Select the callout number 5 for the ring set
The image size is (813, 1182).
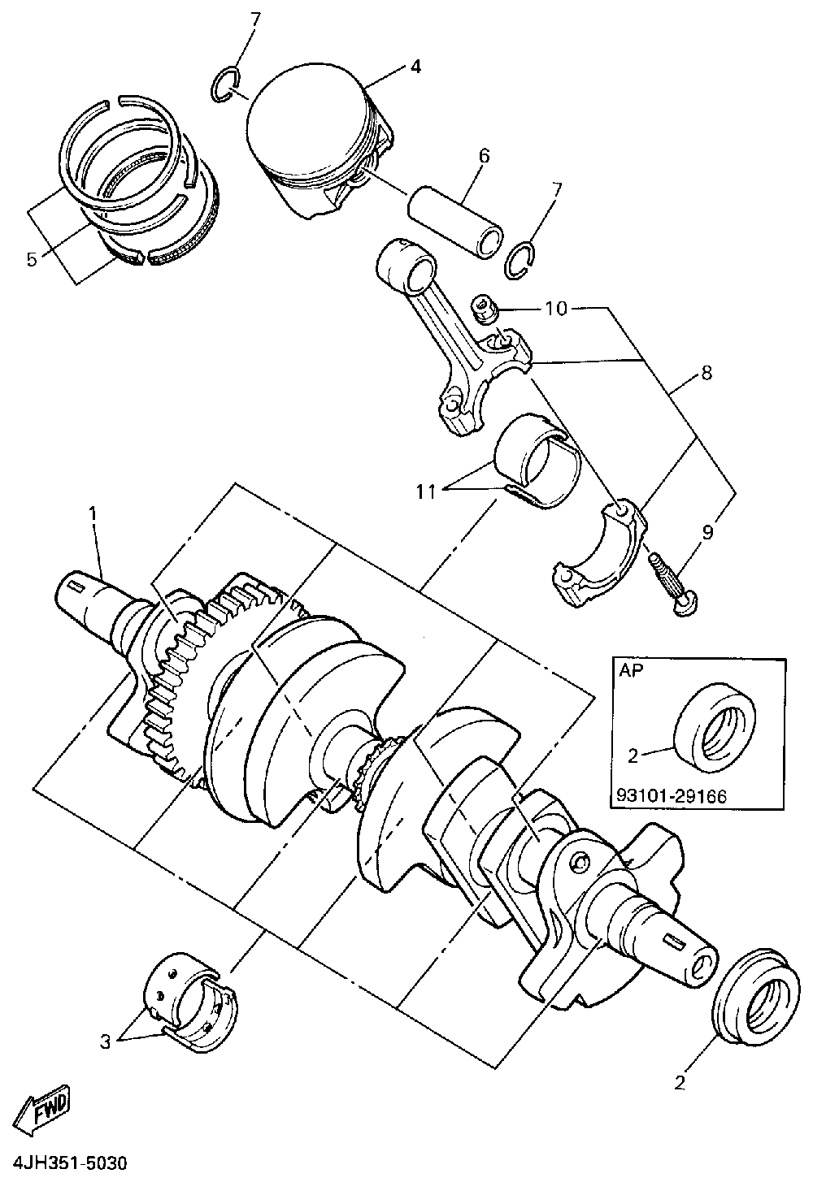(31, 259)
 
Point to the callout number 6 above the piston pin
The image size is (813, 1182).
(484, 155)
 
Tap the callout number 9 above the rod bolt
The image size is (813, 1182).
(706, 532)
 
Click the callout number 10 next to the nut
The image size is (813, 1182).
(556, 309)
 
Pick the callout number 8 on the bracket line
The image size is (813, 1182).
(705, 374)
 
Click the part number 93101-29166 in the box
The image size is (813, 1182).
(667, 796)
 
